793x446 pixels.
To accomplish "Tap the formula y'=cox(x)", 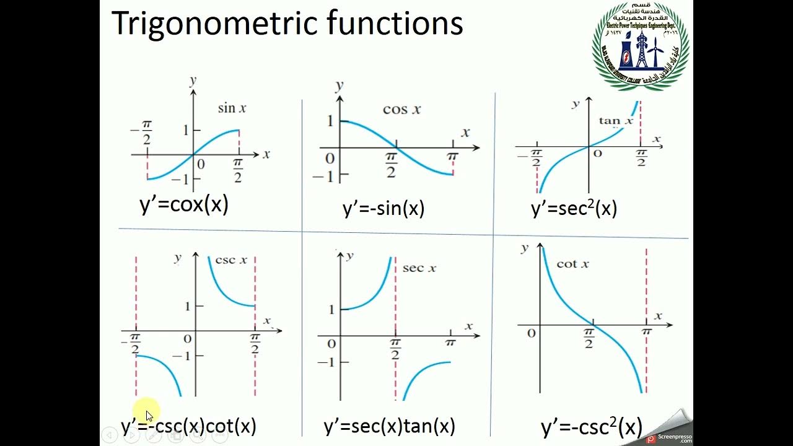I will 184,204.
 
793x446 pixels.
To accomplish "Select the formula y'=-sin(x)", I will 383,209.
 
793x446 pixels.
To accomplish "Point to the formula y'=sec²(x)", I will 574,208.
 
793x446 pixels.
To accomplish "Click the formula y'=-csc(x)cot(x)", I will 188,426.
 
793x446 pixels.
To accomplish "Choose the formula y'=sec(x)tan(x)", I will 389,426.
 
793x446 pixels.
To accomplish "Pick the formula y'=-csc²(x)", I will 591,427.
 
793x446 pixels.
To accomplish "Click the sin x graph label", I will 232,108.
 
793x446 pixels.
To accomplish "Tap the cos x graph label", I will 401,110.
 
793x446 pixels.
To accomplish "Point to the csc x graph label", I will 230,260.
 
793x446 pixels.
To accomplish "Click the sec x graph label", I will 419,268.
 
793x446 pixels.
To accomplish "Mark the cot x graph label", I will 572,264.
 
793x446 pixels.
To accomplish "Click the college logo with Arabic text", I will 641,46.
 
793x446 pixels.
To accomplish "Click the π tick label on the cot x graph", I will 647,333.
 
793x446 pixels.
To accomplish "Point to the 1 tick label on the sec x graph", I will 331,309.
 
